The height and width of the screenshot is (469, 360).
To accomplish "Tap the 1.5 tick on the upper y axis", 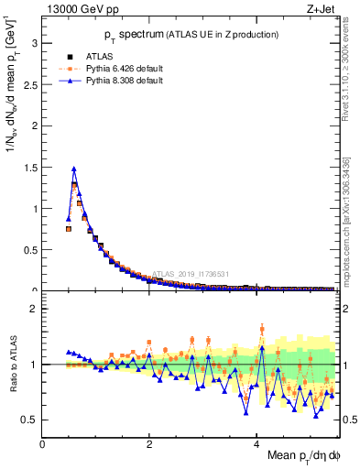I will point(30,167).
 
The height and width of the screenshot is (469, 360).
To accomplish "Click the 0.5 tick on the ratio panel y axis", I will point(30,420).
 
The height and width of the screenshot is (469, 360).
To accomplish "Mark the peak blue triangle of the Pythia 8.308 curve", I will point(73,169).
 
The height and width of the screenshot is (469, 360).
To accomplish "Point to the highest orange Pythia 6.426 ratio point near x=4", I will point(262,328).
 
